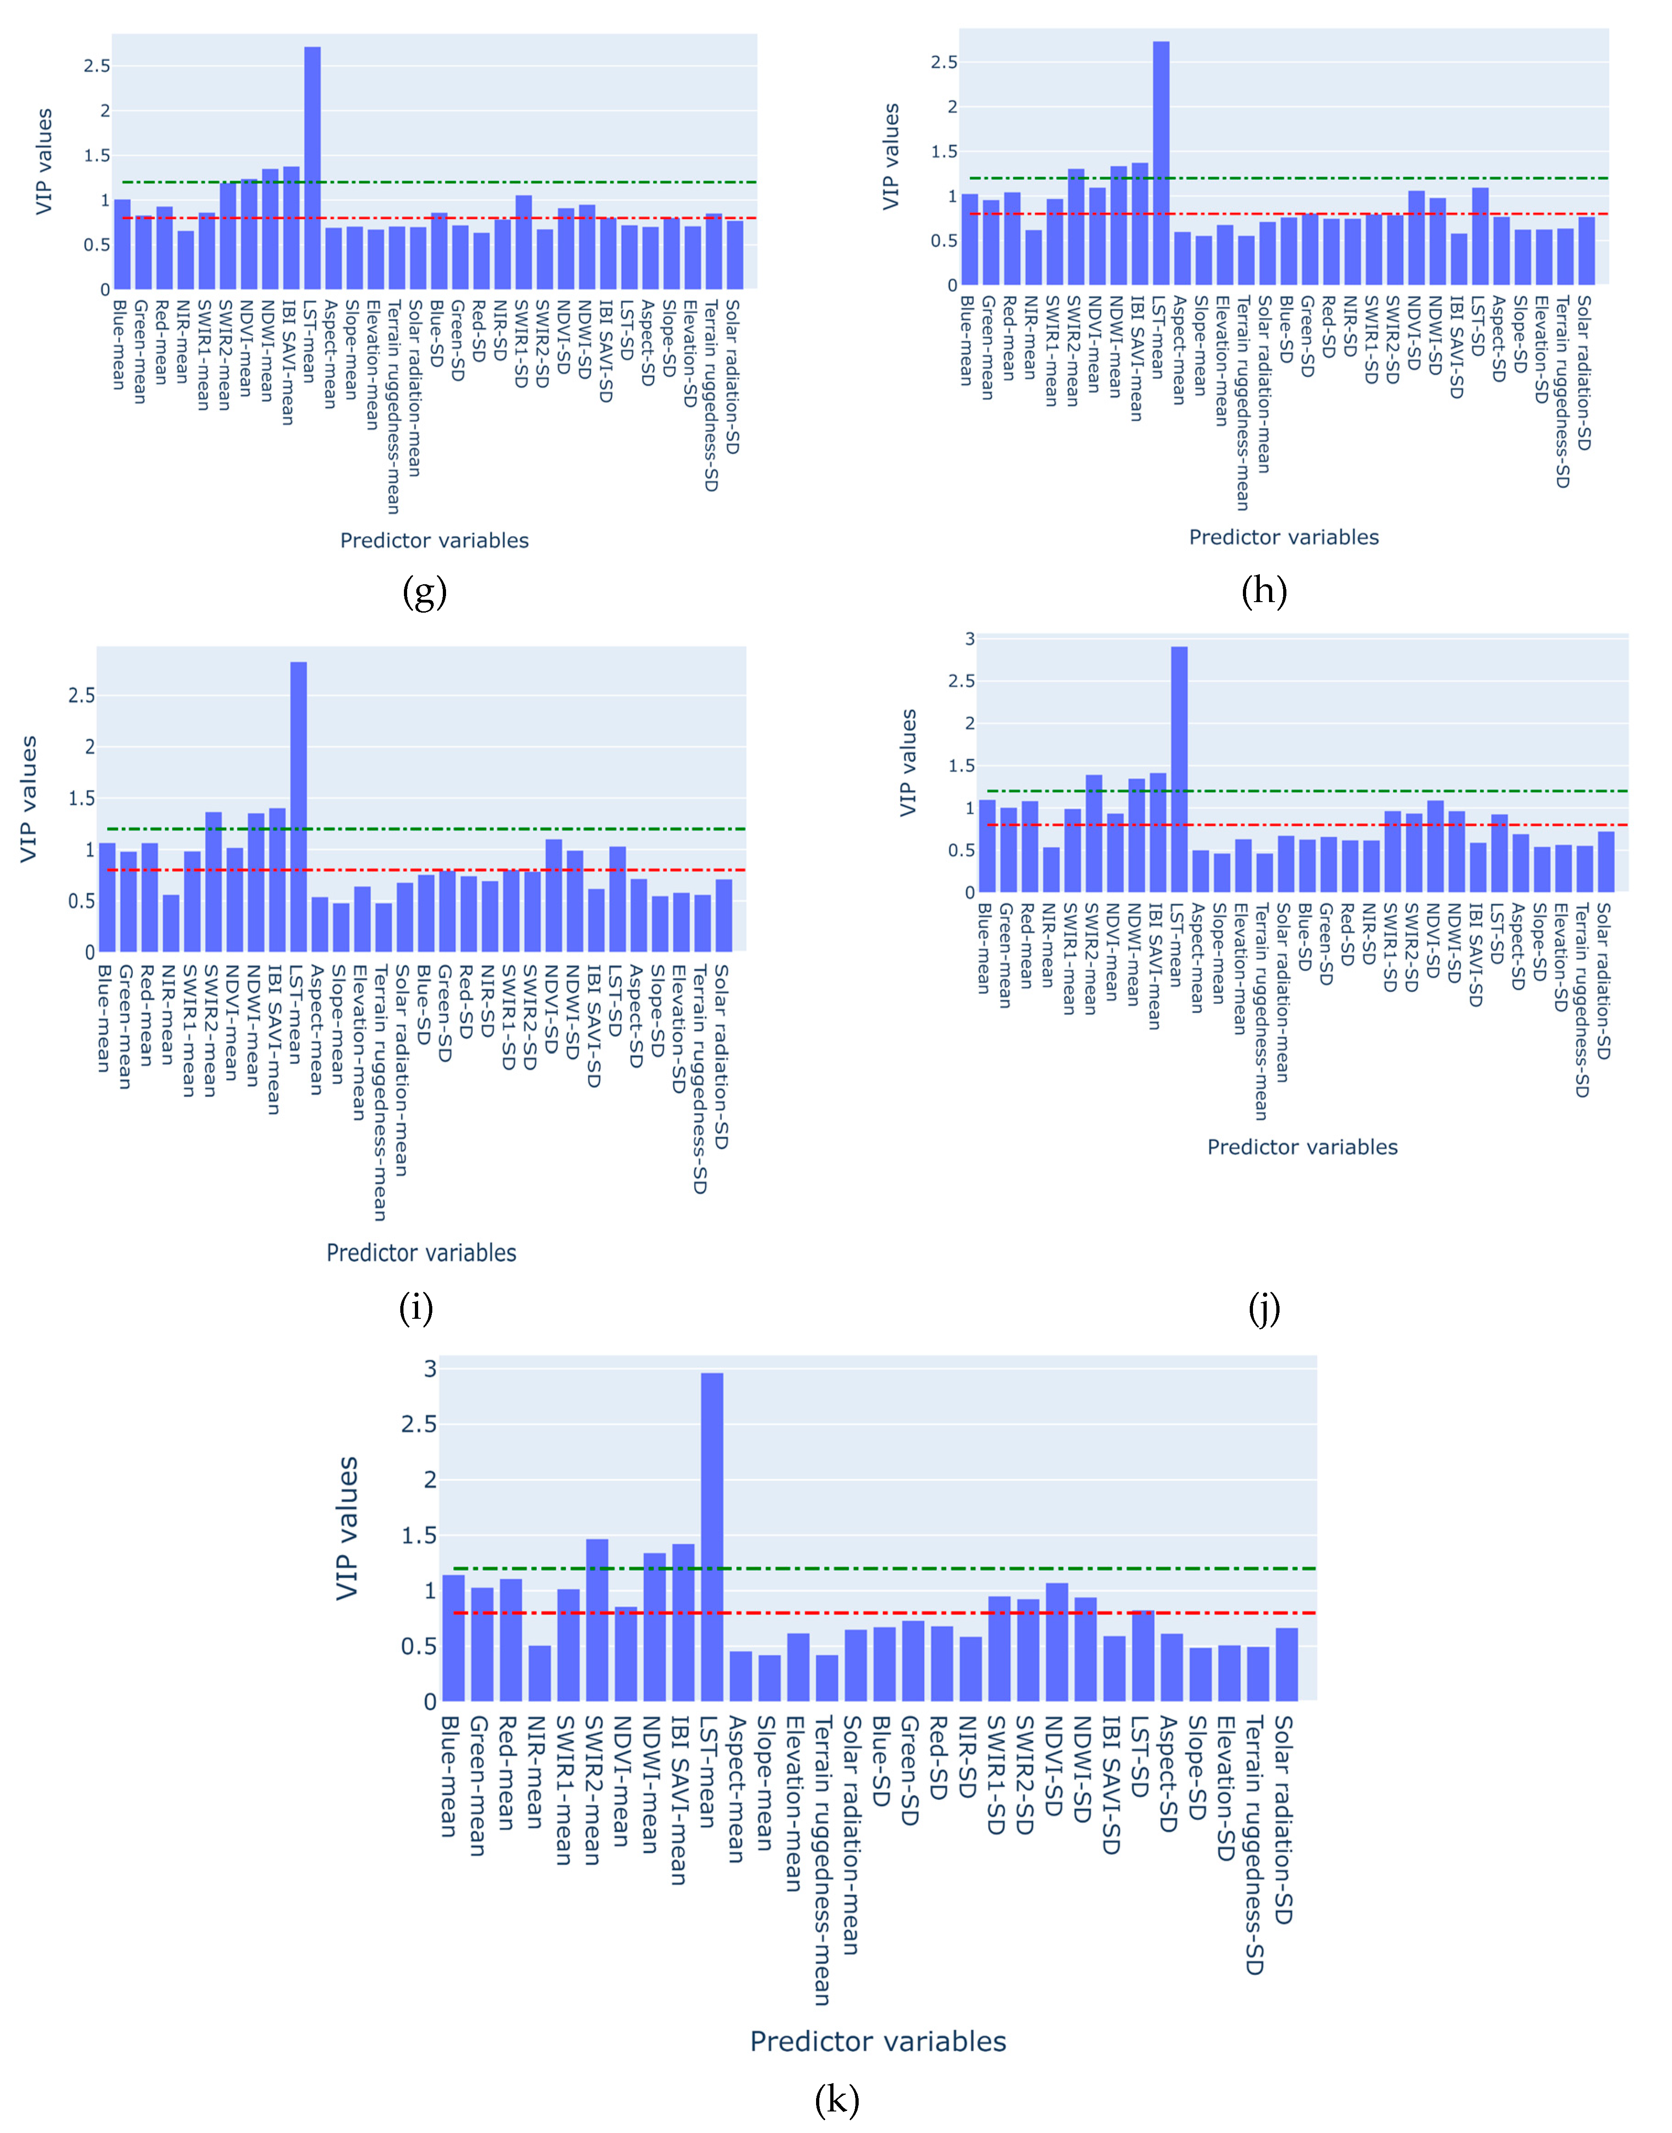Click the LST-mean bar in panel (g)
[x=312, y=169]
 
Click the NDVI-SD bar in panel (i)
[x=554, y=896]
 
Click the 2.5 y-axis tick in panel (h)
[x=945, y=63]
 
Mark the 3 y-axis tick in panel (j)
[x=970, y=639]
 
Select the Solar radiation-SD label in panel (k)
[x=1285, y=1820]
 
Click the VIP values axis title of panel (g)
[x=44, y=162]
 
